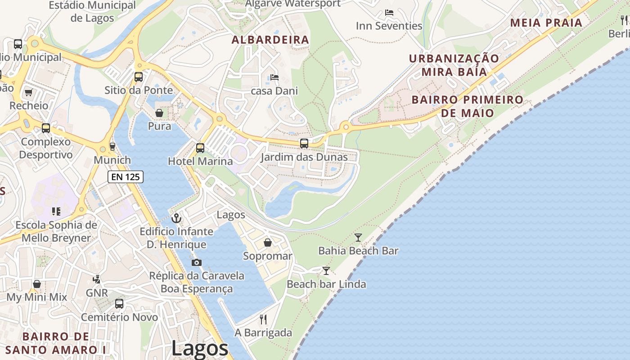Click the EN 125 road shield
click(126, 177)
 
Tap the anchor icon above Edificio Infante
click(176, 218)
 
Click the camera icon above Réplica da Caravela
click(197, 262)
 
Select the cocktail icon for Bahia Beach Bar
click(358, 237)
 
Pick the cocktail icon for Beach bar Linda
click(326, 270)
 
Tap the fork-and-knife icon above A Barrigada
click(263, 319)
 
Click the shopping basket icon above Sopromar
click(268, 243)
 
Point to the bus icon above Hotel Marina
click(200, 148)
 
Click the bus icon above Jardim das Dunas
click(304, 144)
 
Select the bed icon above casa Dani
click(274, 77)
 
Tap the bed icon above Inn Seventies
click(389, 13)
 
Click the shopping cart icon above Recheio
click(29, 92)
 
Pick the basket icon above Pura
click(159, 112)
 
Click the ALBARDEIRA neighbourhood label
click(270, 40)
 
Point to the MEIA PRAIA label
click(546, 22)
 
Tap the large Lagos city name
click(200, 348)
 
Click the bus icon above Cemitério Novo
click(119, 303)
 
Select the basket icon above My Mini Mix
click(37, 284)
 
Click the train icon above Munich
click(112, 146)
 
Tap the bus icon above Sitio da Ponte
click(139, 76)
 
